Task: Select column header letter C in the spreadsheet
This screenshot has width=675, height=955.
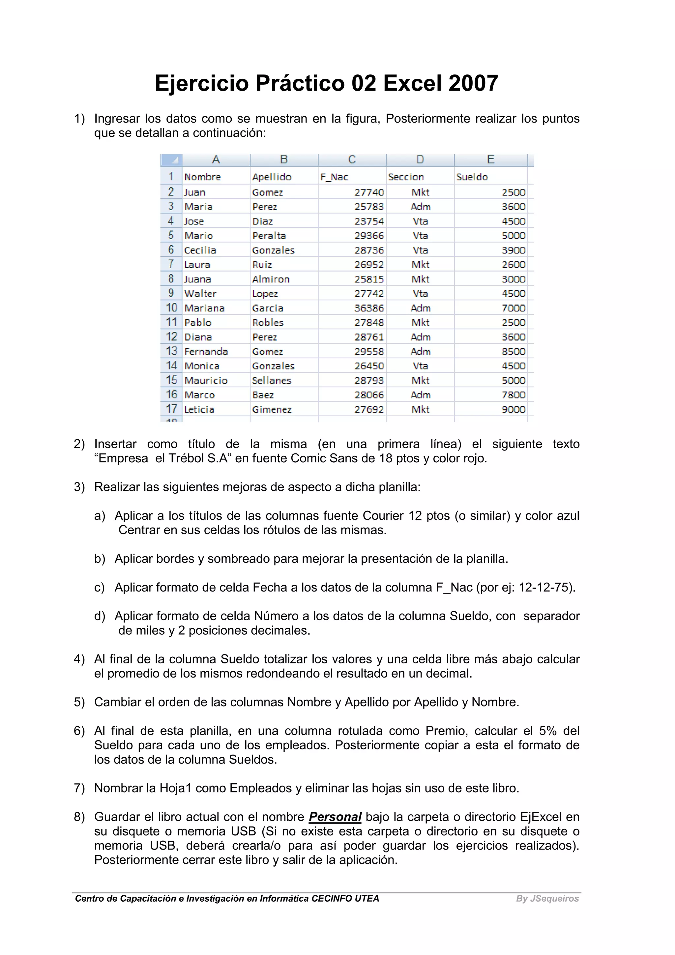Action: point(352,160)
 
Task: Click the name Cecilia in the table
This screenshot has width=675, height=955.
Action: point(200,250)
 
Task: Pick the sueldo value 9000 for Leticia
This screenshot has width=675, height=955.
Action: point(513,410)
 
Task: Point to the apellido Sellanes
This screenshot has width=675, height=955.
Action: point(272,381)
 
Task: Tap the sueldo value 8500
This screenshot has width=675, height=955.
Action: point(513,352)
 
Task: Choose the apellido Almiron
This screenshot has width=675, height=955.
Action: point(271,279)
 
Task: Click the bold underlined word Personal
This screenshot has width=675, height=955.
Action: point(335,817)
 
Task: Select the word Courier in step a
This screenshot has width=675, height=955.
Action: point(383,516)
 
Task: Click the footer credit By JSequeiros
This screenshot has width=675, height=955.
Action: point(547,898)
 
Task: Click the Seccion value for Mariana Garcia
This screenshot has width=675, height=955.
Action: point(421,308)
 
